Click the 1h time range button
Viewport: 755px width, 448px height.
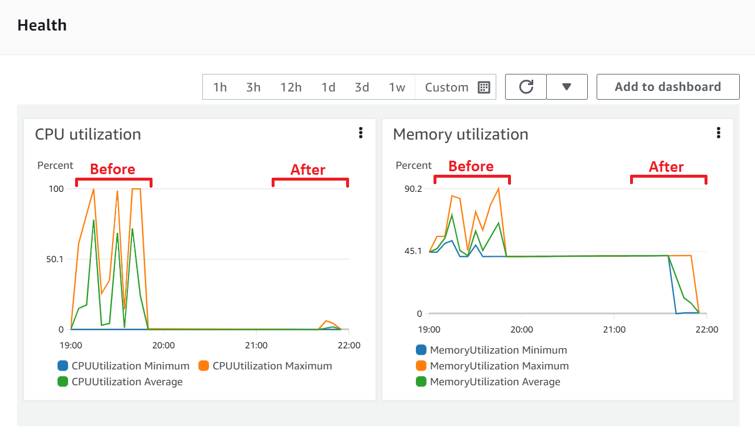tap(220, 87)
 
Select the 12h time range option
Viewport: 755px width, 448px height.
tap(291, 87)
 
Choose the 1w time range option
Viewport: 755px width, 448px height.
tap(397, 87)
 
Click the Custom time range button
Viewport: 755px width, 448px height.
tap(457, 87)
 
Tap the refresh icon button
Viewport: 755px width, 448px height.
tap(526, 87)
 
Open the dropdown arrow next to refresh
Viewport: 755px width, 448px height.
tap(567, 87)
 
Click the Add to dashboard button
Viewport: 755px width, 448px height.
tap(668, 87)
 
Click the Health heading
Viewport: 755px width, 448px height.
tap(42, 25)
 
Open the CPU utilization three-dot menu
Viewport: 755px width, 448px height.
tap(361, 133)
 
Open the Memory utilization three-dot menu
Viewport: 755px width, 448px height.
tap(719, 133)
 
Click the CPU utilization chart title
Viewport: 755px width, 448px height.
tap(88, 134)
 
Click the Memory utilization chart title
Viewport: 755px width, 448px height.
tap(461, 134)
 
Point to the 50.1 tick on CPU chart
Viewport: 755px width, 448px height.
tap(55, 259)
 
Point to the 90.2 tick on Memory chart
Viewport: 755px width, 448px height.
tap(412, 189)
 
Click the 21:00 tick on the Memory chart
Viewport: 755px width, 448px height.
tap(614, 330)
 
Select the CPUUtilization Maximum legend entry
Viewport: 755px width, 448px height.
tap(272, 366)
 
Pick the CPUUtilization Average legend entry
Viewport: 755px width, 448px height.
tap(127, 382)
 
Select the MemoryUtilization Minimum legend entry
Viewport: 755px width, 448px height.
tap(498, 350)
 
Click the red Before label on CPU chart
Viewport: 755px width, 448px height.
tap(113, 169)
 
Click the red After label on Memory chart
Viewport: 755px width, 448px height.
tap(666, 167)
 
